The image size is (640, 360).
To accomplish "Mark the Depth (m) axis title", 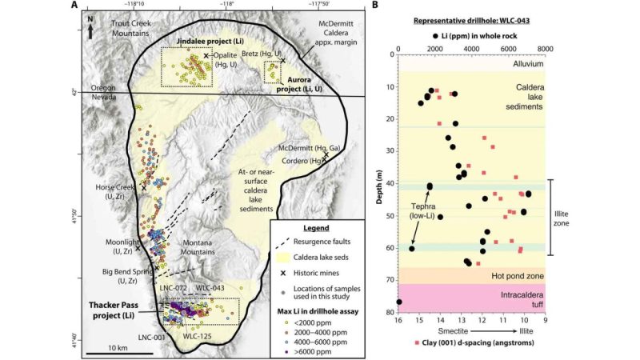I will (376, 178).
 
